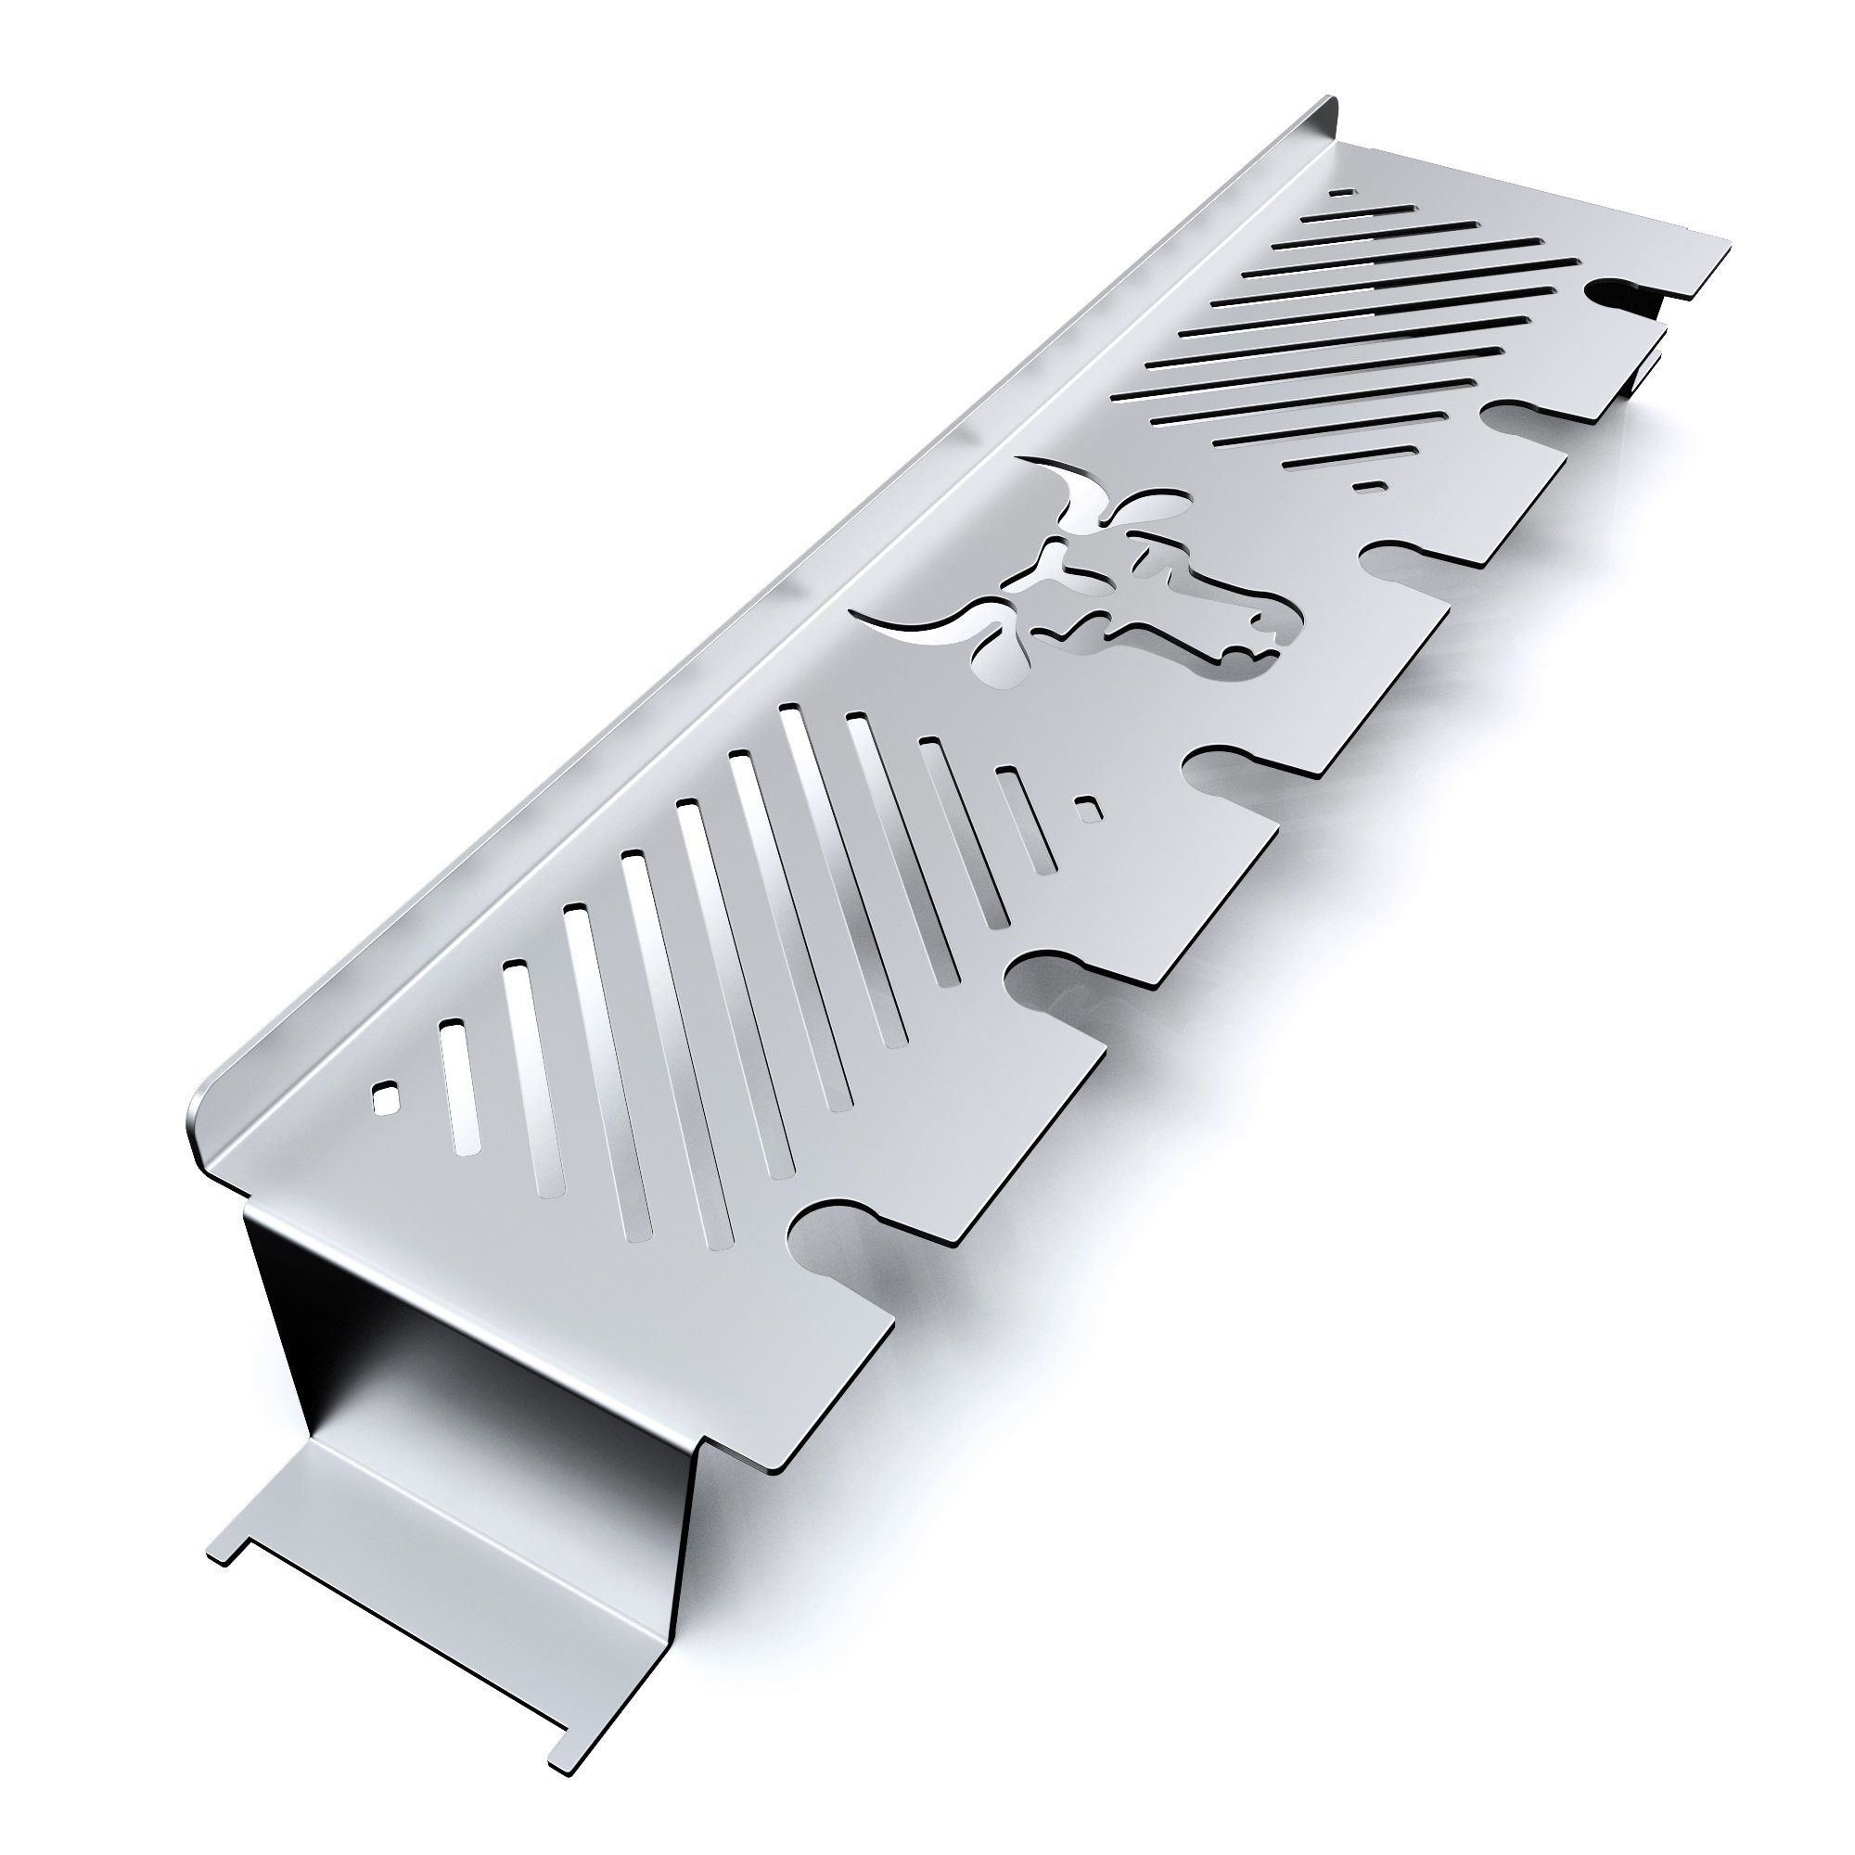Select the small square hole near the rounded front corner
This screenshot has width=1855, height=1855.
click(x=385, y=1096)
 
